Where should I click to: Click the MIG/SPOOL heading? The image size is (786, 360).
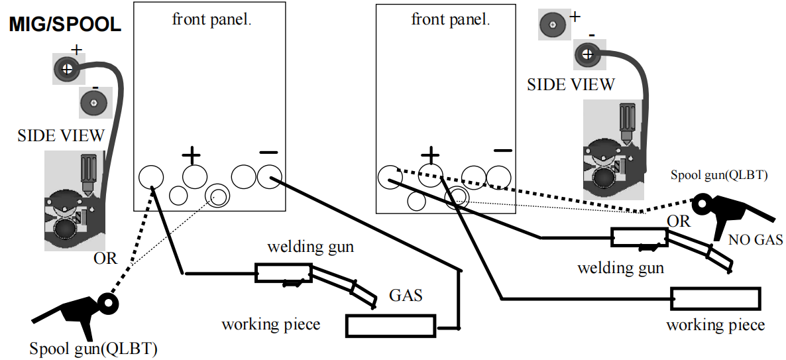click(x=65, y=25)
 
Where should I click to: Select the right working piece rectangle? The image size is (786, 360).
click(x=715, y=298)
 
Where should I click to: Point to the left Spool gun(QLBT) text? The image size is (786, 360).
click(x=93, y=348)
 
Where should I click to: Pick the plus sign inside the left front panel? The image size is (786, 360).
click(x=191, y=156)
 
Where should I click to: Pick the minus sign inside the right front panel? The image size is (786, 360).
click(x=503, y=150)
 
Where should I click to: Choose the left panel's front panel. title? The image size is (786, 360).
click(x=211, y=19)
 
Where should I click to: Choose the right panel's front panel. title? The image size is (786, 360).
click(x=451, y=19)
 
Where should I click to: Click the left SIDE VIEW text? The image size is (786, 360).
click(x=61, y=135)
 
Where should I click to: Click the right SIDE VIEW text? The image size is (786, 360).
click(x=571, y=84)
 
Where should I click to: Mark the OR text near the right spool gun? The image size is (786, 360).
click(x=679, y=221)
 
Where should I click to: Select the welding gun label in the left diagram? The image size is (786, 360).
click(x=311, y=247)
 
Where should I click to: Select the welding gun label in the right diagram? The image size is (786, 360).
click(x=620, y=269)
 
